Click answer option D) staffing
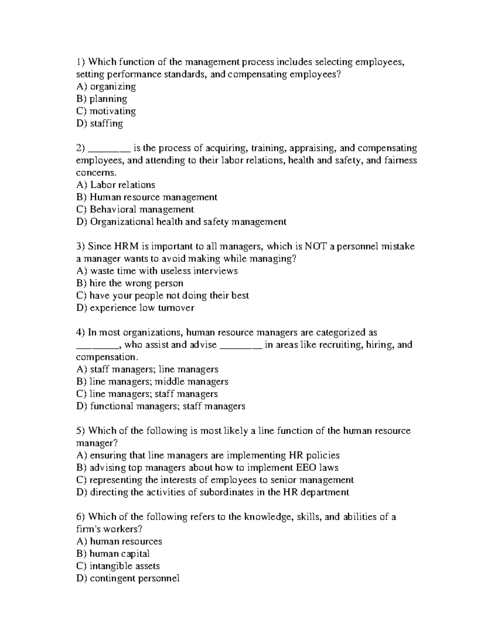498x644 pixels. tap(100, 124)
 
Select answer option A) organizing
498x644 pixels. tap(106, 87)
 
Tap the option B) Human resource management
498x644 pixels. tap(147, 197)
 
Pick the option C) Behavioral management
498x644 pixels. tap(135, 209)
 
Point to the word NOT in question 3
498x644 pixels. tap(316, 246)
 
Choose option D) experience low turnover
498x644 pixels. tap(135, 308)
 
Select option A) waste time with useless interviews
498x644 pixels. tap(157, 271)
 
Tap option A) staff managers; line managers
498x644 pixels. tap(147, 369)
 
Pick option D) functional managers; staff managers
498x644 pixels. tap(161, 406)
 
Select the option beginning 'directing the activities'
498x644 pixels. tap(213, 492)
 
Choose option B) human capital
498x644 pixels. tap(113, 554)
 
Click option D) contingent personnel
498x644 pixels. tap(128, 578)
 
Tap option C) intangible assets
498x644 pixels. tap(118, 566)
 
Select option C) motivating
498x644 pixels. tap(106, 111)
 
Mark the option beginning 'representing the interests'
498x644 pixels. tap(215, 480)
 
